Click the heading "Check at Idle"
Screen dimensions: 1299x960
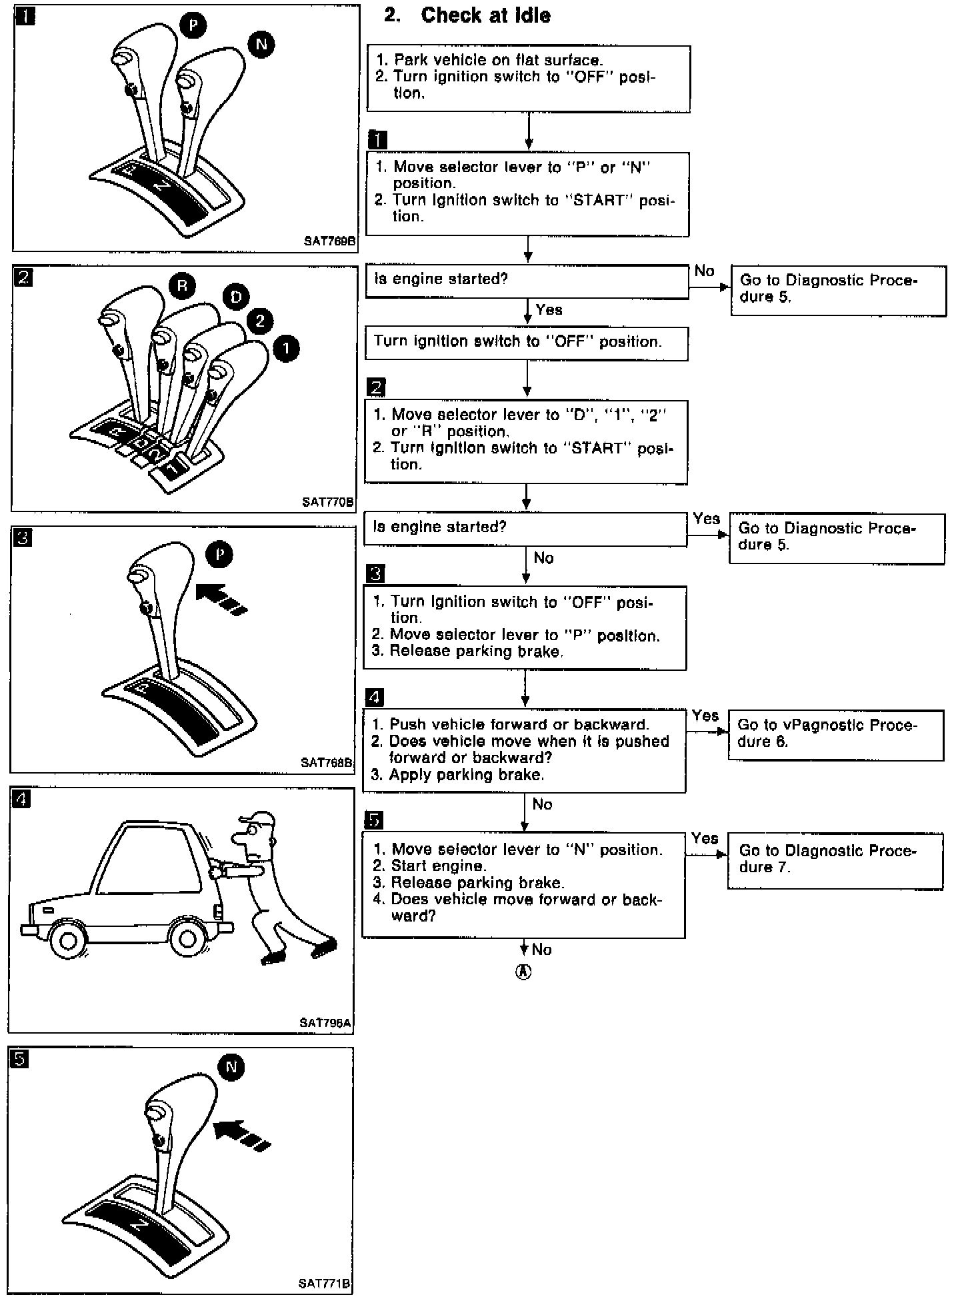pos(485,15)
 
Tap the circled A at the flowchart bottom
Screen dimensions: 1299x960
pos(524,972)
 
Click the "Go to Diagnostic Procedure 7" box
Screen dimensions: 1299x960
pos(835,860)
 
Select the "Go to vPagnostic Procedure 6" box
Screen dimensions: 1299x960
pos(835,734)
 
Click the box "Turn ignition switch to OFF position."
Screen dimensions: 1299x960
pos(526,343)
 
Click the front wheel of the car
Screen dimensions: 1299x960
pos(68,939)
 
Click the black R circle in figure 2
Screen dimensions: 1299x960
pos(182,286)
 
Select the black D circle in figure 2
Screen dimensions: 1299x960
pos(236,297)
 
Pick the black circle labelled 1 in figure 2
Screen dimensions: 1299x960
pos(286,348)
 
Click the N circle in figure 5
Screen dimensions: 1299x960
pos(231,1066)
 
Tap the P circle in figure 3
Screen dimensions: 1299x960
pos(220,555)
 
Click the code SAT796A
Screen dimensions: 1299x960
pos(325,1022)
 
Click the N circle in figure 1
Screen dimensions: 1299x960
pos(261,45)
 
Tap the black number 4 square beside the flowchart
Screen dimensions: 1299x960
pos(375,698)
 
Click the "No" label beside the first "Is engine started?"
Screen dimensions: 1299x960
pos(704,271)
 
